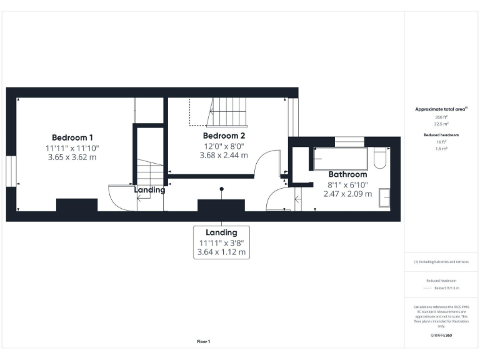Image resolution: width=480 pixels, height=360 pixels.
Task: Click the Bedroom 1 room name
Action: click(72, 137)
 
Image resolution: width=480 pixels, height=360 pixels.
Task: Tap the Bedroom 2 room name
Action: click(224, 135)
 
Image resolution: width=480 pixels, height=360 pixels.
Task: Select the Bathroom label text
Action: click(347, 174)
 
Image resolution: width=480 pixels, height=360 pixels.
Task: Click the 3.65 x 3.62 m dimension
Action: click(72, 157)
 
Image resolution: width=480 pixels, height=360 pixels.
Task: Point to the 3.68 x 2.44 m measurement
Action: click(224, 155)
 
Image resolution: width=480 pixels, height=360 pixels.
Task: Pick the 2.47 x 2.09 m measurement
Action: click(347, 194)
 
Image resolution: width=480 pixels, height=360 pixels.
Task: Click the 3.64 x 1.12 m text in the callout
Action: click(221, 253)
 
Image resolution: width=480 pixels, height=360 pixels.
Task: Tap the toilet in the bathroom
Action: click(379, 158)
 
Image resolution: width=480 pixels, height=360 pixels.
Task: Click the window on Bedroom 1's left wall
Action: click(10, 171)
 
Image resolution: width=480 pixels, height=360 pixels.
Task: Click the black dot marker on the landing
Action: click(221, 189)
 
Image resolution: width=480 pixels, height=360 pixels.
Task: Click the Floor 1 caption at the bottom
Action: click(204, 342)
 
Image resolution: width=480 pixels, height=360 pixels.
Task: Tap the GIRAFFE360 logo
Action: click(441, 336)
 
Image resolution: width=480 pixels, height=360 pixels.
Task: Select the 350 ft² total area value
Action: click(441, 117)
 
